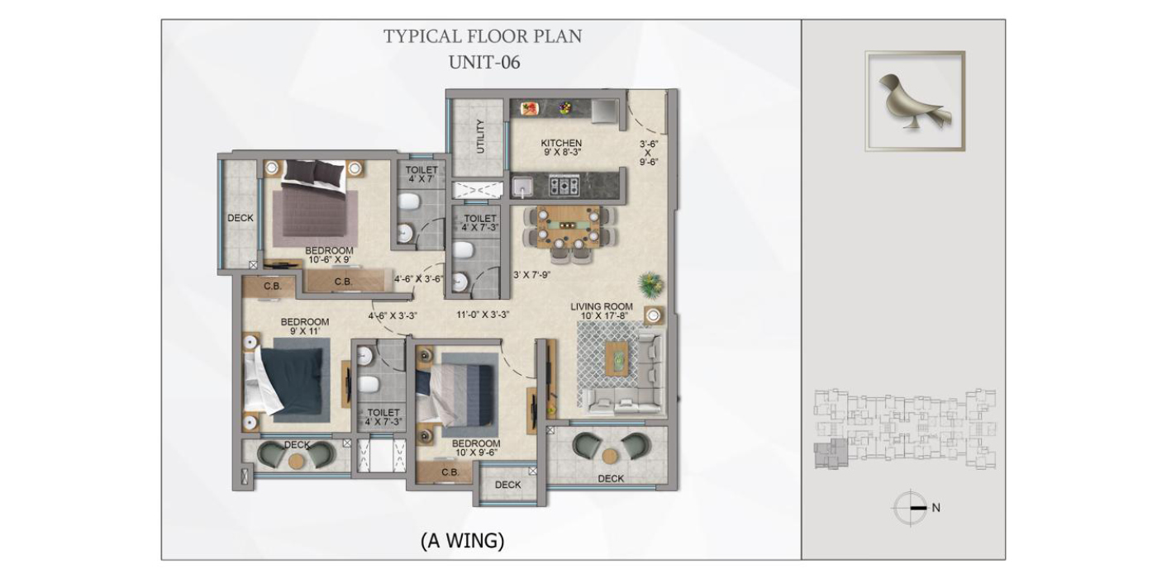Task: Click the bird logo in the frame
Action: coord(914,102)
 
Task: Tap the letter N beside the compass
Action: coord(936,508)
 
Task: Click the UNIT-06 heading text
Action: coord(484,63)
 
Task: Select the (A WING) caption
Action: coord(462,540)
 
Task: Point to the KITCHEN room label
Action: coord(561,143)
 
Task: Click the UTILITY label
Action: coord(480,137)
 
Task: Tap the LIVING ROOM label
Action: coord(602,306)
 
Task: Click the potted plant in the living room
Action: coord(651,285)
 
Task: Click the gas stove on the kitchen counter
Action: coord(564,185)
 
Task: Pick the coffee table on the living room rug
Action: coord(617,358)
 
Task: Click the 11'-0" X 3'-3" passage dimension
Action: coord(483,315)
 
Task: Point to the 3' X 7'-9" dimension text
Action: coord(531,275)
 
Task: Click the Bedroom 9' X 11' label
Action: coord(305,326)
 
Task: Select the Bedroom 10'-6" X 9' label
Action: coord(329,255)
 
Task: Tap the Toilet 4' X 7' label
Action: coord(421,174)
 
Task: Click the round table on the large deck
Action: coord(610,456)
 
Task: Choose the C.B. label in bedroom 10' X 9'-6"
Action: coord(450,472)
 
